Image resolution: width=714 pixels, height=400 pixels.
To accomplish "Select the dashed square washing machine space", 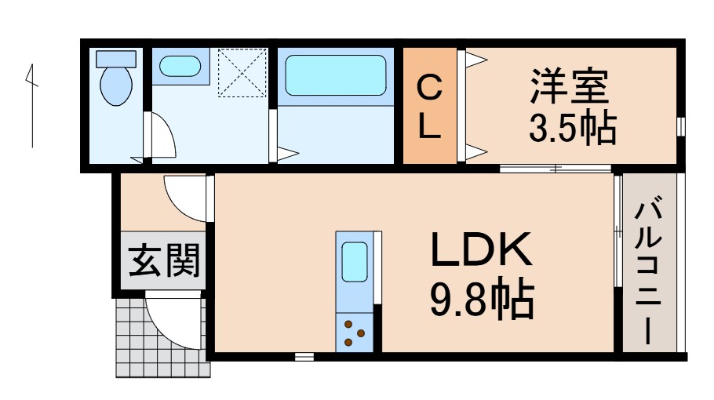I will (x=242, y=73).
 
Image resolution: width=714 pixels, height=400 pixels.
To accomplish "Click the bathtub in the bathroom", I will (x=335, y=75).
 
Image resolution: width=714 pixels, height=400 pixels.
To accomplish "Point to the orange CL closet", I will (x=429, y=107).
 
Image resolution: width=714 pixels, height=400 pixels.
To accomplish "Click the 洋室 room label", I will (x=570, y=86).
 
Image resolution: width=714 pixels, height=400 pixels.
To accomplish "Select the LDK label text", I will (x=480, y=251).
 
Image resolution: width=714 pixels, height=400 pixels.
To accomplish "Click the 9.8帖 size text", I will (x=480, y=298).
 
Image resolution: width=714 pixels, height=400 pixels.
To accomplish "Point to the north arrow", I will (x=31, y=106).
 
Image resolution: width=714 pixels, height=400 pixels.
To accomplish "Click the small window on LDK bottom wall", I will (x=304, y=357).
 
